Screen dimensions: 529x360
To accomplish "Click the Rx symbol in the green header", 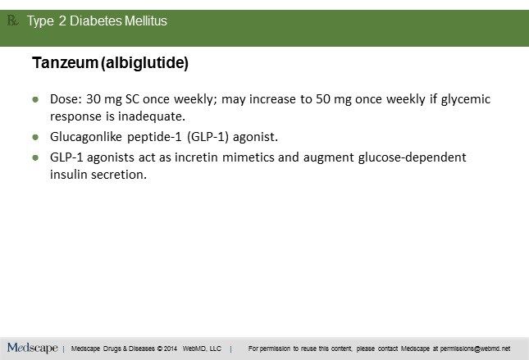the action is coord(12,21).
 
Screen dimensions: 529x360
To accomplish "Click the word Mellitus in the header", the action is coord(146,21).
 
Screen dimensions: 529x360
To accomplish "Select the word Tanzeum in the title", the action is coord(65,63).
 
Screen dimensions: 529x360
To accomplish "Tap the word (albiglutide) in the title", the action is coord(144,63).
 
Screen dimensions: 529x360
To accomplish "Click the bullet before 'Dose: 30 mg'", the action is coord(35,99).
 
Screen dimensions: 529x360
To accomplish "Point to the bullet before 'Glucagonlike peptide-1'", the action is coord(35,137).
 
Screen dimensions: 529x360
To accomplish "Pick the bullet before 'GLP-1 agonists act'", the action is coord(35,157).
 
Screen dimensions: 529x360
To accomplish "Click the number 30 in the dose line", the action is coord(93,99).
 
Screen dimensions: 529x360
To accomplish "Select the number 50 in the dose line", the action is coord(323,99).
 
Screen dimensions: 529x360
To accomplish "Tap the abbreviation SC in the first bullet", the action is coord(132,99).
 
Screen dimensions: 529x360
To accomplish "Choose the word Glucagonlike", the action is coord(86,137).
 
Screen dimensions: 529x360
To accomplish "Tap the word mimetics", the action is coord(249,157).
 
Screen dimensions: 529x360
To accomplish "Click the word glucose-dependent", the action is coord(412,157).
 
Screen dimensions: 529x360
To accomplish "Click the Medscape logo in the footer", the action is coord(32,348).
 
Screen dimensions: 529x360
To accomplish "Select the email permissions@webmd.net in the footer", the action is coord(475,349).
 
